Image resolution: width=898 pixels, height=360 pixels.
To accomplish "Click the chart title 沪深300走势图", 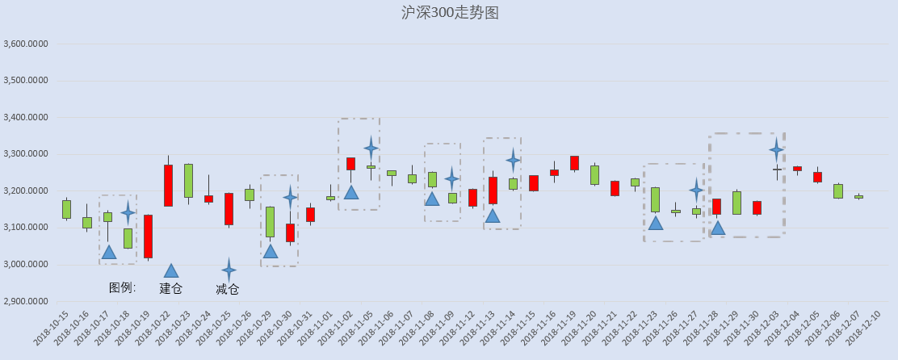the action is point(450,13).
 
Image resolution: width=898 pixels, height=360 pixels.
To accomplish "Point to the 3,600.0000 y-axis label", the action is point(25,44).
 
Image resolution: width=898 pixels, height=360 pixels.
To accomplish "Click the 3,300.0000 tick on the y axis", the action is point(25,154).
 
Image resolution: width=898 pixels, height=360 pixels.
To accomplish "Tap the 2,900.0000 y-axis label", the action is point(25,302).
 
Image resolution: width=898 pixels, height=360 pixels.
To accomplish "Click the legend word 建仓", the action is point(170,288).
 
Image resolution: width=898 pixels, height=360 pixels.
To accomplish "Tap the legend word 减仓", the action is point(228,289).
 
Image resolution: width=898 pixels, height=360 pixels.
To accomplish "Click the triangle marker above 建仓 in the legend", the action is point(171,271).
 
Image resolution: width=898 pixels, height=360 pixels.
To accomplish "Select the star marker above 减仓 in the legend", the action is point(229,270).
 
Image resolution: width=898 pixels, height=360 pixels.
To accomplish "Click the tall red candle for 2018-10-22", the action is point(168,186).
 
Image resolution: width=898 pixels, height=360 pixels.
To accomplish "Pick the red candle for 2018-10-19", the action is point(148,237).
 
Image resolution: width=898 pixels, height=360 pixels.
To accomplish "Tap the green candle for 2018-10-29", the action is point(271,222).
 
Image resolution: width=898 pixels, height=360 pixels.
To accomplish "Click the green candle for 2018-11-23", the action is point(655,199).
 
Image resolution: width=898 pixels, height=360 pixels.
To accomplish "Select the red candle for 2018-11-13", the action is point(493,190).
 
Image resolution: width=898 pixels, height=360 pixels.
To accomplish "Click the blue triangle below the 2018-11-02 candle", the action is point(351,192).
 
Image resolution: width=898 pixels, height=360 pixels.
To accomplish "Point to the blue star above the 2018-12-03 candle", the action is point(777,150).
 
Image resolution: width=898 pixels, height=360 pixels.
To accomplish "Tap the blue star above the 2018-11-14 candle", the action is point(513,161).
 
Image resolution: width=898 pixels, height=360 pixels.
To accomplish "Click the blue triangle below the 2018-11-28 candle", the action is point(718,228).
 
